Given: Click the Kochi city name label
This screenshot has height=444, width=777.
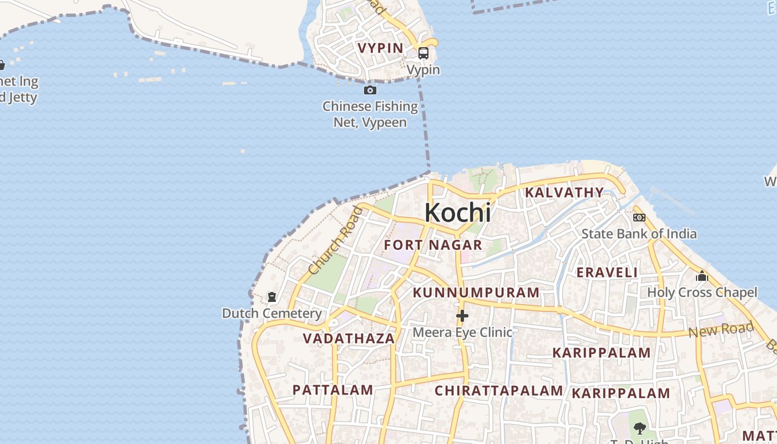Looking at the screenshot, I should pos(458,213).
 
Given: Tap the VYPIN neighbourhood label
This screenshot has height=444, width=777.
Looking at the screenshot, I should pos(381,48).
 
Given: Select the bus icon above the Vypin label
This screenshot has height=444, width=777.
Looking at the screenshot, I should pos(423,53).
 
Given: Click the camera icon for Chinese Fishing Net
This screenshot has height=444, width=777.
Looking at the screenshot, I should pos(370,90).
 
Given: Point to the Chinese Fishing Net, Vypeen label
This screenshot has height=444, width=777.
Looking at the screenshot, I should pos(370,114).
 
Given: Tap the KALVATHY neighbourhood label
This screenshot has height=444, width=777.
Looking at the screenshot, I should pos(564,193).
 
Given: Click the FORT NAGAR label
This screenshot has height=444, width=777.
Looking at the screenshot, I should pos(433,245).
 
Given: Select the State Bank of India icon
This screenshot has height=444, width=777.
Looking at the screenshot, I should pos(639,218).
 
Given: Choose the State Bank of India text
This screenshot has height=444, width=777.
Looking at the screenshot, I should pos(639,234).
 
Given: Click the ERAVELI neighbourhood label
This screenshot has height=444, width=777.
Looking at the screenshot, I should pos(607,273).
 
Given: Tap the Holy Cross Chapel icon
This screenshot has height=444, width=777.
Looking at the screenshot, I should pos(702,276).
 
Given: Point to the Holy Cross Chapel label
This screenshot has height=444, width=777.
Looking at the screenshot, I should pos(702,292).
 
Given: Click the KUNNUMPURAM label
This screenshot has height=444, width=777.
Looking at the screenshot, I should pos(476,292).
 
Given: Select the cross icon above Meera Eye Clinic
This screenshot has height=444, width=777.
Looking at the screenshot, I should pos(462,316).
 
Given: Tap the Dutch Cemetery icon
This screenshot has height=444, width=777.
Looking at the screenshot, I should pos(272,297).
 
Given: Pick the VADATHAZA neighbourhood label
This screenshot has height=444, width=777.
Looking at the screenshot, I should pos(349,339).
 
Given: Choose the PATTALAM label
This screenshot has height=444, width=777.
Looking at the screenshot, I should pos(332,390).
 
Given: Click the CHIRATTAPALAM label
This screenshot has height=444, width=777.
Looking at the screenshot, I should pos(498,391).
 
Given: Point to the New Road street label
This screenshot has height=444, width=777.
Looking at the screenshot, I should pos(721,330).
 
